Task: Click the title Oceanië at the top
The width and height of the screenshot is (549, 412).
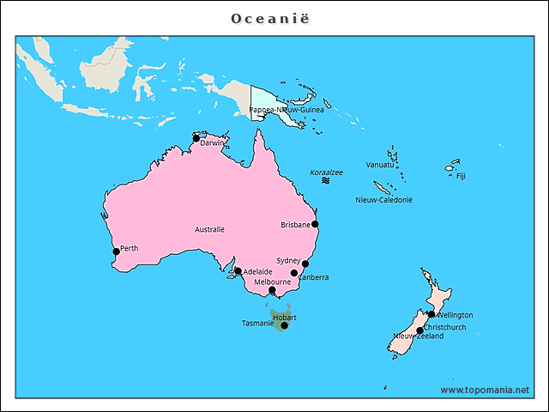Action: [x=274, y=18]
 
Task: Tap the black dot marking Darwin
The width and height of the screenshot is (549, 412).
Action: [x=196, y=138]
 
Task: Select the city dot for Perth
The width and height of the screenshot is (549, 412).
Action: [x=117, y=251]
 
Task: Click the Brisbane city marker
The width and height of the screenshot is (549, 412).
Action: [x=315, y=224]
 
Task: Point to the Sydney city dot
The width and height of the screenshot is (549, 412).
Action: [x=305, y=264]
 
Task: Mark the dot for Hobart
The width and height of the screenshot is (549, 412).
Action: [x=284, y=325]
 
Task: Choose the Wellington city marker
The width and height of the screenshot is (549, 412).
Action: [x=431, y=314]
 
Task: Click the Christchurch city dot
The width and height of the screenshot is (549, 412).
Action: [x=419, y=330]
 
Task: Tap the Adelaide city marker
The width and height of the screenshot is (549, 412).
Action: [x=238, y=271]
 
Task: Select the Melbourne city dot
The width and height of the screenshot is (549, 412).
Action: [x=272, y=290]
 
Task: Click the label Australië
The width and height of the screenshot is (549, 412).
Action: [x=209, y=229]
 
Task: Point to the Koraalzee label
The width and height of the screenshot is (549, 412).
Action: [x=326, y=173]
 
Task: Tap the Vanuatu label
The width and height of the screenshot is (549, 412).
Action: [x=380, y=164]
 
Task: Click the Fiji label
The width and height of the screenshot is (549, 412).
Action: [x=461, y=176]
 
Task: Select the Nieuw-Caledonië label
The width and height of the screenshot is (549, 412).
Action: [x=383, y=199]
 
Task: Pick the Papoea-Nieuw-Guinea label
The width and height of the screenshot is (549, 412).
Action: [x=287, y=110]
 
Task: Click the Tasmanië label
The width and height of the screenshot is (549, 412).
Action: [x=256, y=324]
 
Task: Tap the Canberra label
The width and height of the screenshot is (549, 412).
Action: [x=313, y=277]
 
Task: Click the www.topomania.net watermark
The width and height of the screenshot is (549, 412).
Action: [x=485, y=390]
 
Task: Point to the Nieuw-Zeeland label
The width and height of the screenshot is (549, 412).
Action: [x=418, y=336]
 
